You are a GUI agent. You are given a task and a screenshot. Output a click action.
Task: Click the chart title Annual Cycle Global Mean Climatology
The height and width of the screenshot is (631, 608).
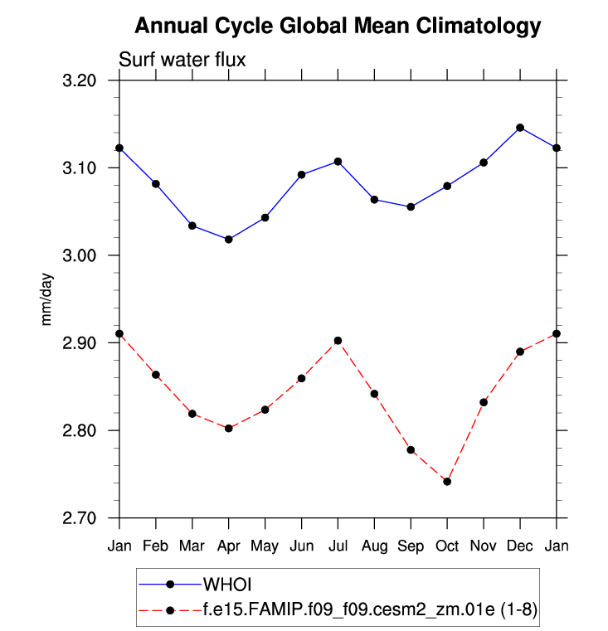pos(338,27)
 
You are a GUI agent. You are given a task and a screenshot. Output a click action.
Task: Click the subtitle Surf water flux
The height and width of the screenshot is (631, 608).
pos(182,60)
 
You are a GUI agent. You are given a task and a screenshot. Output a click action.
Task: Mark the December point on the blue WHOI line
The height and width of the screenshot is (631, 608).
pos(520,128)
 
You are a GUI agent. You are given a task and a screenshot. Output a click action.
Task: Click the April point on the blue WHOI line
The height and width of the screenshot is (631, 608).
pos(229,240)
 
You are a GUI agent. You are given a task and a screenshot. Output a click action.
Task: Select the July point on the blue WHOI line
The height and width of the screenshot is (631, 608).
pos(338,161)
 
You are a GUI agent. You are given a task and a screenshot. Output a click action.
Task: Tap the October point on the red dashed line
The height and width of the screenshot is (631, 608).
pos(447,482)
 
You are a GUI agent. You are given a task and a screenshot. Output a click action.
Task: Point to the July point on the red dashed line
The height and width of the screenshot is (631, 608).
pos(338,341)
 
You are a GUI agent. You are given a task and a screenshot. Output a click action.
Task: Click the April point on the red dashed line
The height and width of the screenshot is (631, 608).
pos(229,428)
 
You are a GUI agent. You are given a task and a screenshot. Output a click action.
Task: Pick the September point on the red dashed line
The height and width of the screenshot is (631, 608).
pos(411,450)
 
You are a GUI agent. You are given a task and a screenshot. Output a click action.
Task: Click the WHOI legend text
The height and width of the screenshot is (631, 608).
pos(233,585)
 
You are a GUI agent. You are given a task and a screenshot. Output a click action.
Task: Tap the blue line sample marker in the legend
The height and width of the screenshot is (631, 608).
pos(170,585)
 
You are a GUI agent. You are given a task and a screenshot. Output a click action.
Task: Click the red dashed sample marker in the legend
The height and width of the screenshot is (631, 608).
pos(170,610)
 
